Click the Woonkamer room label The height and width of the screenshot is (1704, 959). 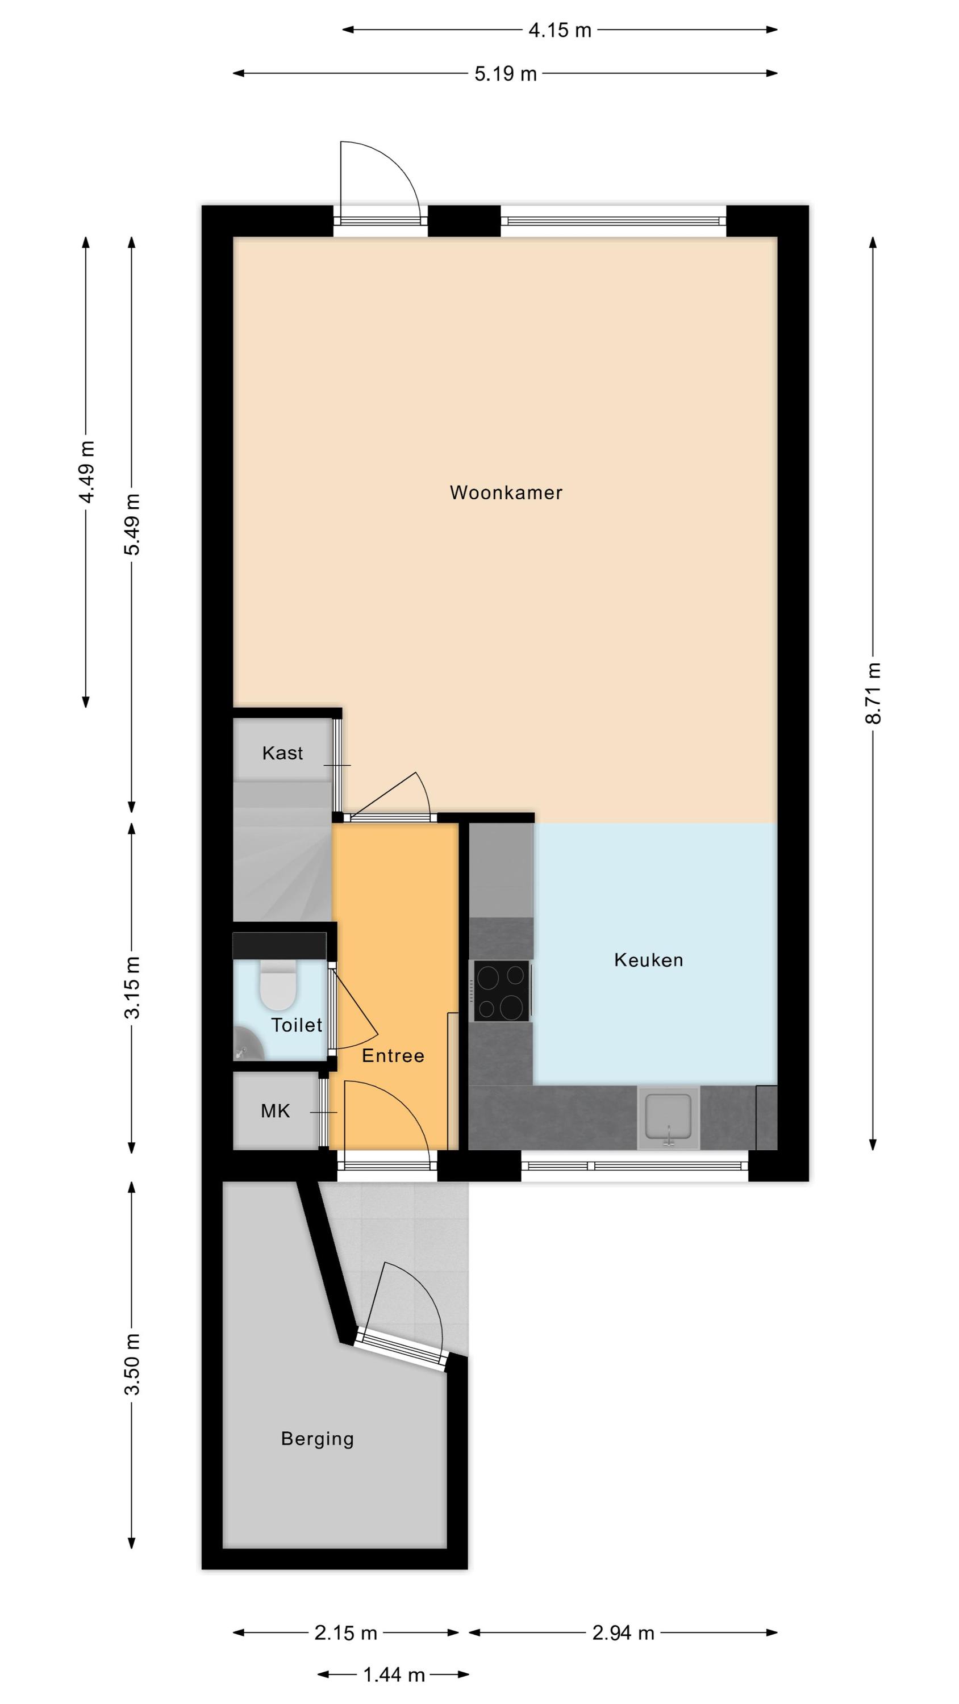[506, 493]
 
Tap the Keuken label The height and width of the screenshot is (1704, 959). [649, 960]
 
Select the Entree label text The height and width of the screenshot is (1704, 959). [393, 1056]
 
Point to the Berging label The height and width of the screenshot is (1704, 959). [318, 1439]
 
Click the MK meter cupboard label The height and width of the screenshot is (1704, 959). [276, 1112]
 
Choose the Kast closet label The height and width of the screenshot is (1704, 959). [282, 753]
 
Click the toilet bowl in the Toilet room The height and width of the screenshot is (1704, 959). [278, 985]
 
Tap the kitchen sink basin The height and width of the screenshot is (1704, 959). [669, 1118]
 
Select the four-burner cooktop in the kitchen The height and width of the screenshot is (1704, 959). [502, 991]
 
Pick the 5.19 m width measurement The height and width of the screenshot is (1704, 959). [506, 73]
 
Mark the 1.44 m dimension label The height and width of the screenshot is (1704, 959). [394, 1675]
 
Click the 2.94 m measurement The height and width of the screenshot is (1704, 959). [623, 1632]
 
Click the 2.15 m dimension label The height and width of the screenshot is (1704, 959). [345, 1632]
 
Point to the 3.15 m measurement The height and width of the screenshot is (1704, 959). [132, 988]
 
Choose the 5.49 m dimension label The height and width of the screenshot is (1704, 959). [132, 525]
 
